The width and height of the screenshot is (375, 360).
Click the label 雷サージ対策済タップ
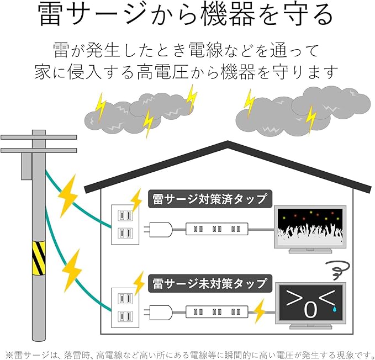[x=210, y=199]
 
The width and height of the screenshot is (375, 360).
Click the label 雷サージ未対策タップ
[x=210, y=283]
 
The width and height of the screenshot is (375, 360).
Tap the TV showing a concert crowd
[x=310, y=229]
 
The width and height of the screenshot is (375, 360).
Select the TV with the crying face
[x=310, y=306]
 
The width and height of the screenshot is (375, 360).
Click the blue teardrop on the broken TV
[x=334, y=309]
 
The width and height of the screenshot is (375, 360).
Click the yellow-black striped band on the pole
[x=39, y=258]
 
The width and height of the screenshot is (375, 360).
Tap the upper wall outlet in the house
[x=125, y=225]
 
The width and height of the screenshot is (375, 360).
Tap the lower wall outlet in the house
[x=125, y=308]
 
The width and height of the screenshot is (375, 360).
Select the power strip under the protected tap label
[x=217, y=229]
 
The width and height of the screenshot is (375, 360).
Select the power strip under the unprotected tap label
[x=217, y=312]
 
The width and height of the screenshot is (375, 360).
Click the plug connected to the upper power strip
[x=159, y=230]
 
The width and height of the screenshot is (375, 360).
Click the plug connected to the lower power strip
[x=159, y=312]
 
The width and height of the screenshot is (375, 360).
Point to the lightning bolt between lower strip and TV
[x=259, y=311]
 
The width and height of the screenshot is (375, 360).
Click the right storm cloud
[x=303, y=110]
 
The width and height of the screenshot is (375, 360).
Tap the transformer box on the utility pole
[x=27, y=166]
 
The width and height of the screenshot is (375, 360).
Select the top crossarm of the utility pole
[x=39, y=137]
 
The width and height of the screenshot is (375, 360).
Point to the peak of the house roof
[x=228, y=141]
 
